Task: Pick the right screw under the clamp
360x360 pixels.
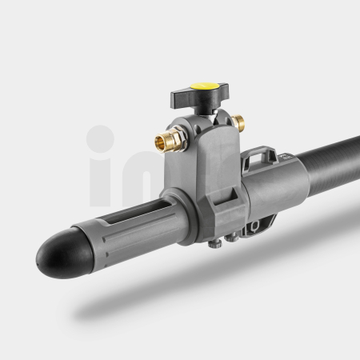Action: [x=231, y=238]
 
